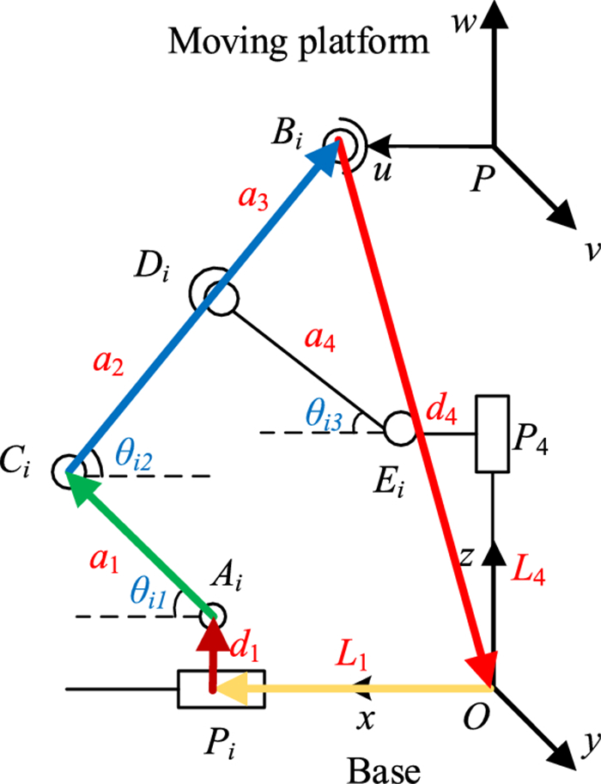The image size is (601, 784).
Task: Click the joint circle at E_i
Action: pos(398,427)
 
